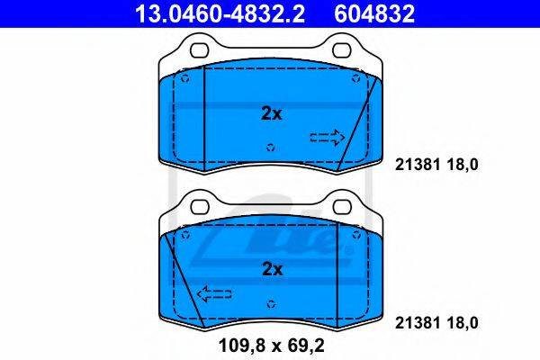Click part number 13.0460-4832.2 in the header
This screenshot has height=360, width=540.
[220, 13]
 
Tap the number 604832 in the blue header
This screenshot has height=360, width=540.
[374, 13]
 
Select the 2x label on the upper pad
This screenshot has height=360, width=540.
[272, 113]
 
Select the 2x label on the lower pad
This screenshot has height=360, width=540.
[272, 269]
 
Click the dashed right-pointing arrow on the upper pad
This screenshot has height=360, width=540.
[328, 138]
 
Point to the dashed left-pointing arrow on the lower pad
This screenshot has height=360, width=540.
[214, 294]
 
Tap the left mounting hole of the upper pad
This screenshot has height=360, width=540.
[200, 50]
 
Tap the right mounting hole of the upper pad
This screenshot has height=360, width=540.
[342, 50]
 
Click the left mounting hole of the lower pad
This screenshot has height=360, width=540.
[200, 207]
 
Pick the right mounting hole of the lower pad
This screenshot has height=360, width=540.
[343, 207]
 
